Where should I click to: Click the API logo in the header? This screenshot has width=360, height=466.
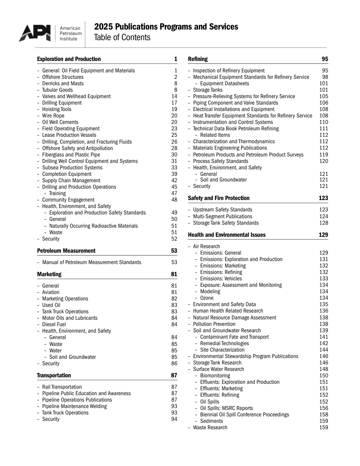pos(35,33)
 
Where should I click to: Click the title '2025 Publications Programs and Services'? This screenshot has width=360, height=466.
pos(166,27)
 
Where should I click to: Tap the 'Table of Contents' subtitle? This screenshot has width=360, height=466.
pos(122,38)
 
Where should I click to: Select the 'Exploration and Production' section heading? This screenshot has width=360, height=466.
pos(69,59)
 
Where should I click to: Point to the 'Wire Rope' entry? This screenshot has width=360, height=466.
pos(53,116)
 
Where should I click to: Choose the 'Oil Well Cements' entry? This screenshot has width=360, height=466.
pos(60,122)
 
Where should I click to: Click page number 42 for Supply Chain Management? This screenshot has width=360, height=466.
pos(174,181)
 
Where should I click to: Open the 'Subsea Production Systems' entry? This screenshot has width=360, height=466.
pos(72,168)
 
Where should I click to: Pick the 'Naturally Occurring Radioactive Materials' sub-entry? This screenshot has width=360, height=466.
pos(93,226)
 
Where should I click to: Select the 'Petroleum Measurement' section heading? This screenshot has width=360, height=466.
pos(66,251)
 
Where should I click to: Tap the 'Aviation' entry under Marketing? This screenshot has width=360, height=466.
pos(51,292)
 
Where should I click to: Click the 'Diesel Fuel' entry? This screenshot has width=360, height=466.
pos(54,325)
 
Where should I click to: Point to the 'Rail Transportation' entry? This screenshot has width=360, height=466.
pos(62,387)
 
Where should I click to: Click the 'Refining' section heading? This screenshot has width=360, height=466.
pos(198,59)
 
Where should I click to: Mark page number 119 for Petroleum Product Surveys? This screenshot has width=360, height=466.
pos(324,155)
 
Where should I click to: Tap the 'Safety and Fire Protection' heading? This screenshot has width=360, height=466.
pos(219,198)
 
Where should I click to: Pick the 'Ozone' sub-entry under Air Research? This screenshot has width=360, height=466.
pos(207,298)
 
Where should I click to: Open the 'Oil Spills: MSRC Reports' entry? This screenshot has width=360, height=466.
pos(226,408)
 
